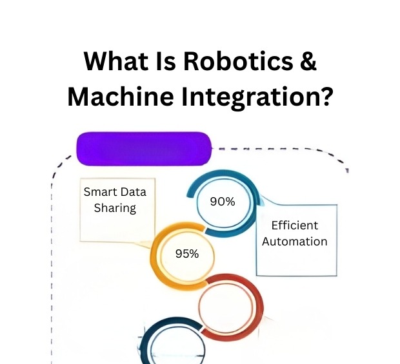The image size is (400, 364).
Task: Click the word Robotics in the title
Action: tap(238, 61)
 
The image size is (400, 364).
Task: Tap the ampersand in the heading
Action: tap(308, 61)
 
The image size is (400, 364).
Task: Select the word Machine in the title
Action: tap(121, 97)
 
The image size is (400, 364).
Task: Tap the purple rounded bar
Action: tap(144, 149)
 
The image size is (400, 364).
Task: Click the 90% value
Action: tap(223, 202)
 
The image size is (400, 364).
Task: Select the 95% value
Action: tap(187, 254)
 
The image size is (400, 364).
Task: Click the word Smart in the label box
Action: tap(100, 192)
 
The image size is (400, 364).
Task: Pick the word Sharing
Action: tap(115, 208)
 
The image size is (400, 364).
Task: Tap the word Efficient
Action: tap(295, 225)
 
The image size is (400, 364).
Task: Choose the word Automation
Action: tap(295, 242)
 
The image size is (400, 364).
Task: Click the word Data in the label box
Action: tap(133, 192)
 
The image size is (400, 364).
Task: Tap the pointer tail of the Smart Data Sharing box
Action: tap(143, 244)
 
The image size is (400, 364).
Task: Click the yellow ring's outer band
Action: tap(154, 257)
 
